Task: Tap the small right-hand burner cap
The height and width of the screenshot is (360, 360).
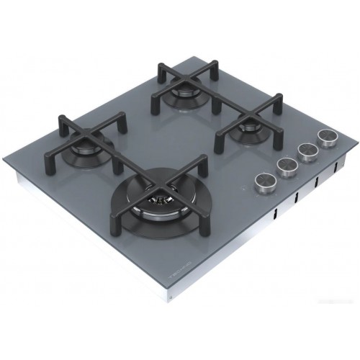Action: tap(248, 129)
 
